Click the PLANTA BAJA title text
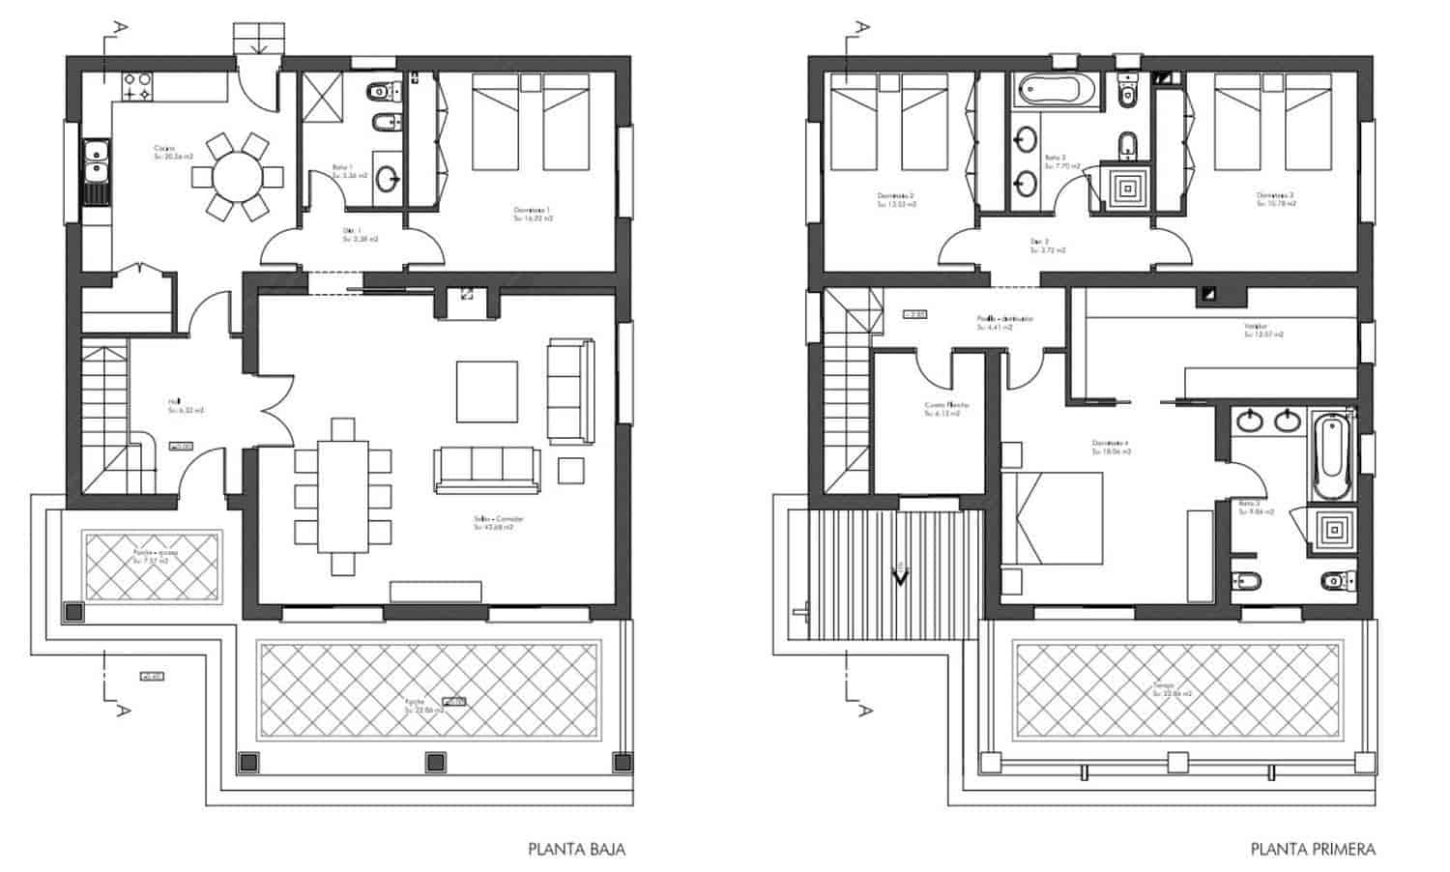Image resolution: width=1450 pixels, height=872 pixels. (x=576, y=850)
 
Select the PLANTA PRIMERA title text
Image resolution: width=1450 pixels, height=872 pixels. (x=1313, y=850)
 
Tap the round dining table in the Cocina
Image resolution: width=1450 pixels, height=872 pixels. (x=237, y=177)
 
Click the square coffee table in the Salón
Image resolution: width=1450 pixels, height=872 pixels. (x=486, y=391)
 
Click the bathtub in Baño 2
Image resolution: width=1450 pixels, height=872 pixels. (x=1056, y=91)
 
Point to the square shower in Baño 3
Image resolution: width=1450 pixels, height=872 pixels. (x=1335, y=530)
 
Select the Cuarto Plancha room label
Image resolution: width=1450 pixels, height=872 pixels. (x=945, y=409)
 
